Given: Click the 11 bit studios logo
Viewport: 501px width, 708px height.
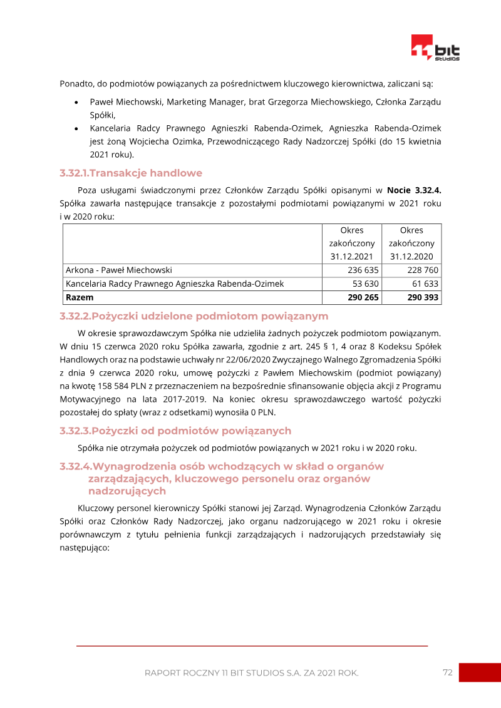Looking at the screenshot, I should [x=435, y=48].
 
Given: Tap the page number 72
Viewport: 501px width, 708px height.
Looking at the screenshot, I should [x=447, y=672].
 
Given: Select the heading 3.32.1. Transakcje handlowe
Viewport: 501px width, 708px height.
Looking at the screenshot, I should [x=131, y=173].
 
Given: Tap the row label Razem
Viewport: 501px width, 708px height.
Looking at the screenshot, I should [x=80, y=298].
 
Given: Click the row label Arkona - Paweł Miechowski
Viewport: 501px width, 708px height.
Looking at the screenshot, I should [x=119, y=270].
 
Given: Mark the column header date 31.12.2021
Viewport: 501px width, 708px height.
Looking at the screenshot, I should [x=351, y=257].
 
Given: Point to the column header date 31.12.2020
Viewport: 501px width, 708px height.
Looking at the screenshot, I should [x=411, y=257].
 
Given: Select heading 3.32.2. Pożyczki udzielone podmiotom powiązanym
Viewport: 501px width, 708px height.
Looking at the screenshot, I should [x=194, y=316].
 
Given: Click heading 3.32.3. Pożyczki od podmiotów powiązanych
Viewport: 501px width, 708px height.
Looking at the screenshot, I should [x=175, y=431].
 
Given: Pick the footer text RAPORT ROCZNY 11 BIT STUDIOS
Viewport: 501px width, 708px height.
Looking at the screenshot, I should [x=251, y=673].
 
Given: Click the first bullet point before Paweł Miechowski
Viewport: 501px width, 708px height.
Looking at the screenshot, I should [x=76, y=102].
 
